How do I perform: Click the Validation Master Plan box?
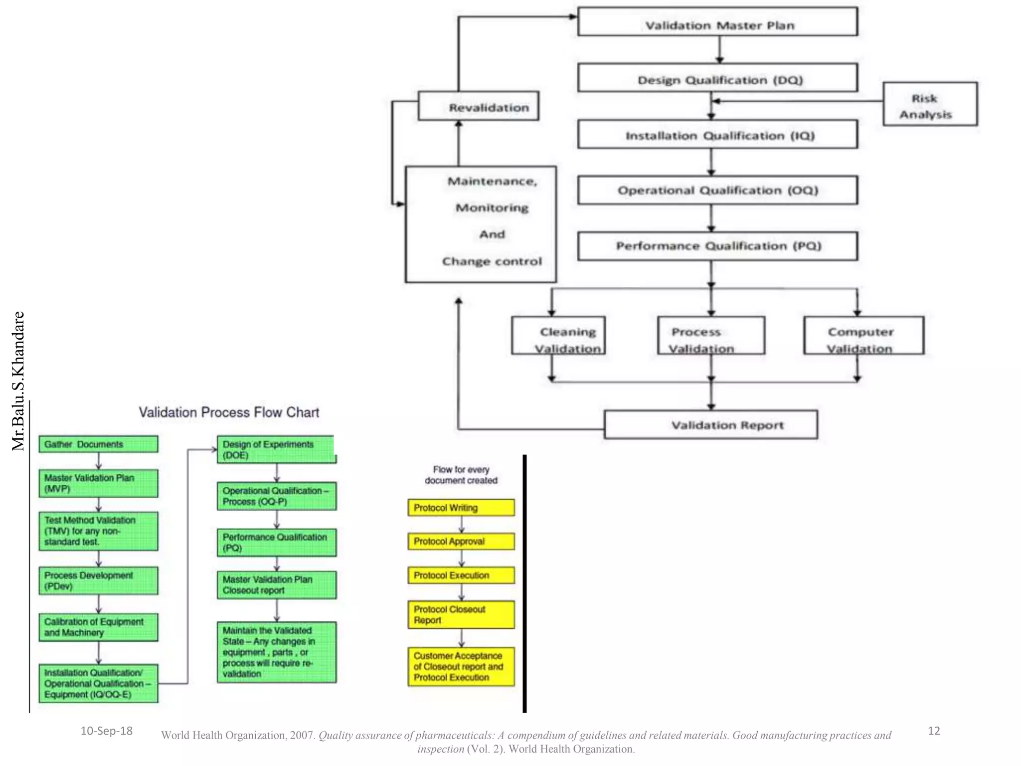[717, 22]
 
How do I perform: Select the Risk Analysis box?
[930, 104]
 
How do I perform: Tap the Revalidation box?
[478, 106]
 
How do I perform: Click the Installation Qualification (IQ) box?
[717, 135]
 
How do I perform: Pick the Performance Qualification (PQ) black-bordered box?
[717, 246]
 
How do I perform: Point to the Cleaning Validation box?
[558, 336]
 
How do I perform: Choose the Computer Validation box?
[863, 336]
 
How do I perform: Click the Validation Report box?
[710, 425]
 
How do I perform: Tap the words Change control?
[492, 261]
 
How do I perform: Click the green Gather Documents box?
[98, 444]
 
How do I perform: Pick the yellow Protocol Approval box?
[461, 542]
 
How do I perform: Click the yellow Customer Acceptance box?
[461, 667]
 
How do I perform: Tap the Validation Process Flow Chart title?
[229, 412]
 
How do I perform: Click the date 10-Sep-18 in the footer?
[106, 731]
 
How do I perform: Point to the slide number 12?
[933, 731]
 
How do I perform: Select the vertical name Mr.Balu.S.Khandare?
[18, 381]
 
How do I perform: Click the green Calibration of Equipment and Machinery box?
[98, 627]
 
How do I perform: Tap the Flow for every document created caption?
[461, 475]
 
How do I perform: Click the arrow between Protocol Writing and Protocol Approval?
[461, 525]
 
